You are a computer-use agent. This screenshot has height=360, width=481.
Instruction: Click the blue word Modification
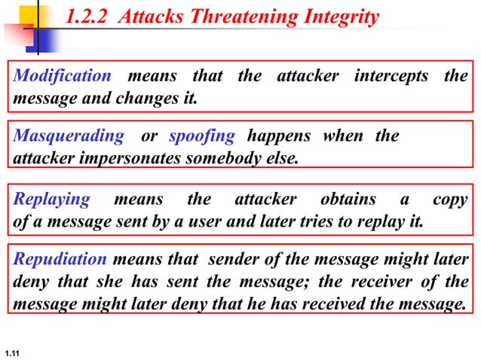(x=63, y=76)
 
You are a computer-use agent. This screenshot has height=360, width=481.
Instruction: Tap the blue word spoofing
(x=202, y=136)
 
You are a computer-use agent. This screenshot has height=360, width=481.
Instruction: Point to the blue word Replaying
(x=52, y=200)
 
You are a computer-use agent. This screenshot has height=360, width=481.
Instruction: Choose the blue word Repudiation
(x=61, y=260)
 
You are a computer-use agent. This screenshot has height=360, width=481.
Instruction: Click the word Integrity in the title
(x=335, y=17)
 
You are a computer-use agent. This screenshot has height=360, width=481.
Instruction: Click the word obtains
(x=348, y=200)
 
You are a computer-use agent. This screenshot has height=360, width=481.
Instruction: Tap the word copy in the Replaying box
(x=449, y=200)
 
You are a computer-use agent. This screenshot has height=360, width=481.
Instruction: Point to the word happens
(x=279, y=136)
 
